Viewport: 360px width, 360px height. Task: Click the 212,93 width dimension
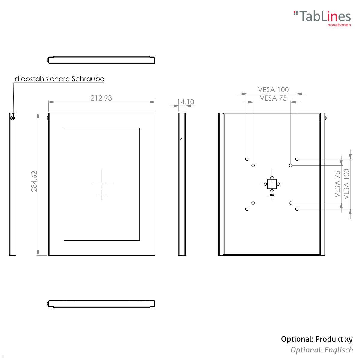point(101,98)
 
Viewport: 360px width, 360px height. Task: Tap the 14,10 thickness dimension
point(186,102)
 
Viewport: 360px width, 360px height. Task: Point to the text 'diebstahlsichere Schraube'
point(59,79)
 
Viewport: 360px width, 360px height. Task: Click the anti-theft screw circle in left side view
point(13,118)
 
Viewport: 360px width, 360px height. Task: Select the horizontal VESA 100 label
point(273,89)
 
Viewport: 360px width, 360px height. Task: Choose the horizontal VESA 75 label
point(273,98)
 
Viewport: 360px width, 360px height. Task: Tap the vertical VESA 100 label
point(346,184)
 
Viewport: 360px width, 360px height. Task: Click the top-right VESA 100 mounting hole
point(297,159)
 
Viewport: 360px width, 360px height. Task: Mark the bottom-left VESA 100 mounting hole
point(247,209)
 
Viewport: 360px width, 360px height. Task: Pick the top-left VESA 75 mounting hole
point(253,165)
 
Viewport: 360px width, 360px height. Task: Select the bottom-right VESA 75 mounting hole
point(291,203)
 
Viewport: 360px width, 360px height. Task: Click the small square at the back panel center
point(272,184)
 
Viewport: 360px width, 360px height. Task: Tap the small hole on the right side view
point(181,139)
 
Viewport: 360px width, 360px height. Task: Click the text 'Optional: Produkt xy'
point(317,339)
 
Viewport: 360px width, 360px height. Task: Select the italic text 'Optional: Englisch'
point(322,350)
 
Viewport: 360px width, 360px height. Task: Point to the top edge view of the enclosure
point(101,60)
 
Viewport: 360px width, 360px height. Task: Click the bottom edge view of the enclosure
point(101,304)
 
